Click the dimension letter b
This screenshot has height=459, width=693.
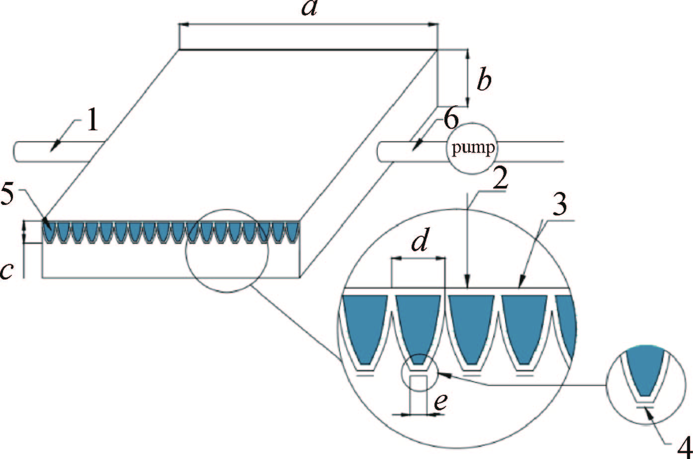point(484,79)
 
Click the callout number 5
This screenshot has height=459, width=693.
point(10,197)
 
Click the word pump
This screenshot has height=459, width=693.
point(473,149)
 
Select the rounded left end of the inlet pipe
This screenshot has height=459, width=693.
point(17,152)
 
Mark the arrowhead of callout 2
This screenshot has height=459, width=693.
point(467,284)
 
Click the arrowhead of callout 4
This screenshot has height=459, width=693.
point(647,410)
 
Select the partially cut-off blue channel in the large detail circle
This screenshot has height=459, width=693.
point(567,323)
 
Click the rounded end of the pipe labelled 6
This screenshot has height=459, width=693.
point(382,152)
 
